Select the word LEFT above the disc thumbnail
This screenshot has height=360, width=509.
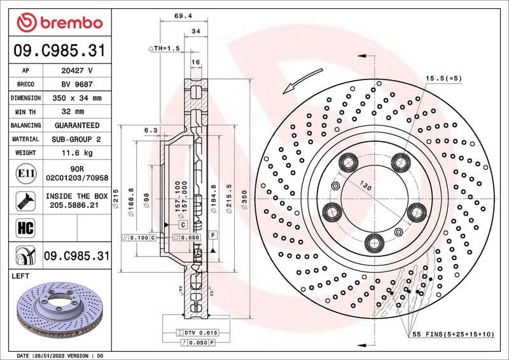coord(22,277)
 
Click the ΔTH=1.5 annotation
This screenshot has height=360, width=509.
coord(164,48)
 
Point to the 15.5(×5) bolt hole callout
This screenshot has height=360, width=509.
coord(444,78)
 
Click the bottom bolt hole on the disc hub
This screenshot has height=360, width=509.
coord(374,240)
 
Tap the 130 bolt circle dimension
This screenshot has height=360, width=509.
coord(365,186)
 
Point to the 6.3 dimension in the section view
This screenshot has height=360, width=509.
coord(151,130)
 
